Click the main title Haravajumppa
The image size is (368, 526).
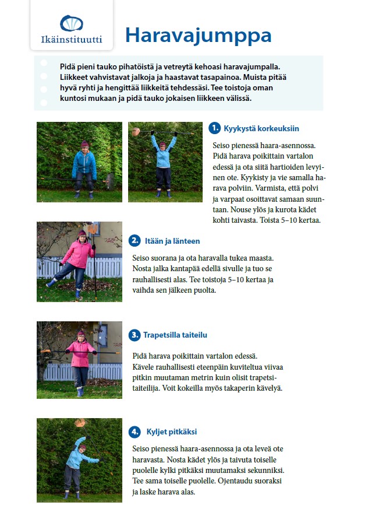click(x=198, y=35)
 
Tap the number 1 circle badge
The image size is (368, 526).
click(x=214, y=128)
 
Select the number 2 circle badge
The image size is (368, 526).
click(x=135, y=240)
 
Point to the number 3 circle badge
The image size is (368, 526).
click(x=135, y=335)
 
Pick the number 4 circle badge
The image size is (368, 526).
click(x=135, y=432)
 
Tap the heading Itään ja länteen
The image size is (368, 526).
click(x=173, y=240)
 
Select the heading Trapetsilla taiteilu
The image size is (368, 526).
click(x=175, y=335)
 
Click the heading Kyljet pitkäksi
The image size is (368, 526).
click(x=172, y=432)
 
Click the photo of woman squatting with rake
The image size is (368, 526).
click(x=79, y=162)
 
